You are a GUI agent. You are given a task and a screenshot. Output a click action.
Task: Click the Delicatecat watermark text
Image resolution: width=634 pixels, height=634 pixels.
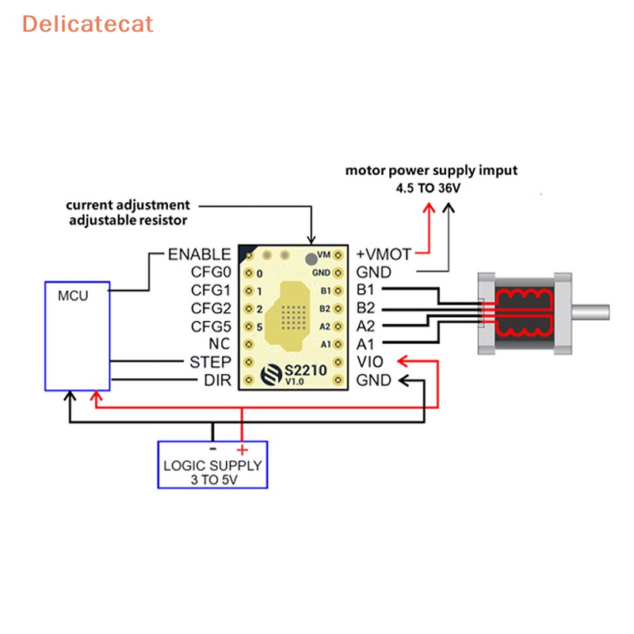coord(87,25)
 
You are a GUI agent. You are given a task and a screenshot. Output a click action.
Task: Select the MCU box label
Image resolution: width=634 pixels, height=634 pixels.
coord(73,296)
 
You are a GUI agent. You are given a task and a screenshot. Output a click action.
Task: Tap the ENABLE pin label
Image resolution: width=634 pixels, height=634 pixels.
coord(200,254)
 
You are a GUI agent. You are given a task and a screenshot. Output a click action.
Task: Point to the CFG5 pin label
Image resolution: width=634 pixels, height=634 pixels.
coord(211,327)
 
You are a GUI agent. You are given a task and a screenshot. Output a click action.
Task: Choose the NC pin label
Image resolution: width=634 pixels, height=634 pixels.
coord(220,345)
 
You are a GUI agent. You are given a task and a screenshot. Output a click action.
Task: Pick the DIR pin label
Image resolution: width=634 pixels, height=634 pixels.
coord(217,380)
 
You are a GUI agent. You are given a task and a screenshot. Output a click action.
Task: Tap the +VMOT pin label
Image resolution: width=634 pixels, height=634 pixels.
coord(384,254)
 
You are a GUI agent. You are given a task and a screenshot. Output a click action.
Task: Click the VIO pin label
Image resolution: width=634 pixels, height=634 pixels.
coord(370,362)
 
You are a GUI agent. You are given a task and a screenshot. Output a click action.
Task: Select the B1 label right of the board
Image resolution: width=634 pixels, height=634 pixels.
coord(365,291)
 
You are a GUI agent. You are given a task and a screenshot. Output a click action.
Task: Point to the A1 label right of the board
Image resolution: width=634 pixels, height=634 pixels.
coord(365,345)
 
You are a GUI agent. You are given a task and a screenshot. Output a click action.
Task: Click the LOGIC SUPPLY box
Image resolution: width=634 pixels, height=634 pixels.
coord(212,464)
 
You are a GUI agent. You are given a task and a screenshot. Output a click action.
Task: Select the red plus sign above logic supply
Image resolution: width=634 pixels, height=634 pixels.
coord(242,449)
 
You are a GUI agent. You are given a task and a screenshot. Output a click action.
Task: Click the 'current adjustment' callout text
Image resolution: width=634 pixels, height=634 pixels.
coord(128,205)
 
